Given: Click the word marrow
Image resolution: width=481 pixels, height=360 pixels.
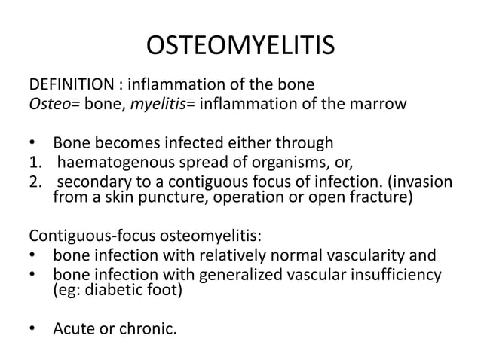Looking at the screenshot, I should [378, 102].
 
